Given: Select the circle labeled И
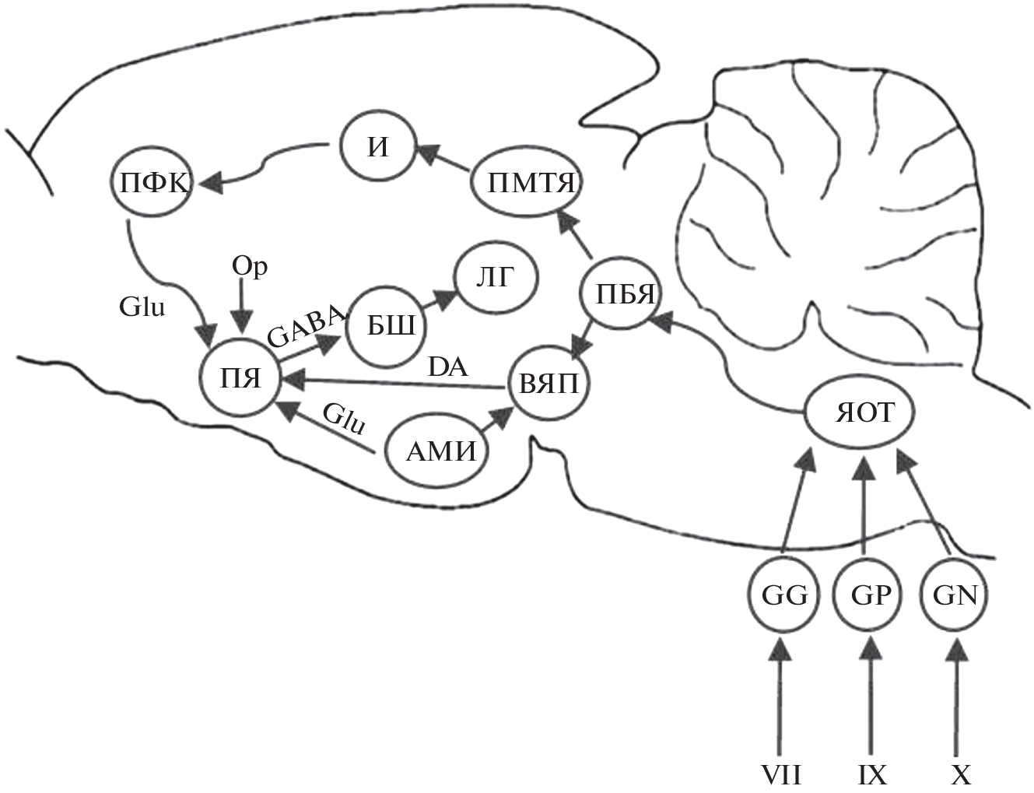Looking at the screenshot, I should [x=377, y=148].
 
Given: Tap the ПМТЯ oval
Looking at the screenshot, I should [x=528, y=184].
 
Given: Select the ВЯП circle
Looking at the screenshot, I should [x=548, y=384].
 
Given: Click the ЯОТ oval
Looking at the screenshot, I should [x=859, y=413].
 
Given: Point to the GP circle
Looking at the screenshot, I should [x=869, y=595].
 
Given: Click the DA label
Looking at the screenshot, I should [x=448, y=366].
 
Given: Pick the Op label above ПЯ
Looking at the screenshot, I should [x=249, y=267].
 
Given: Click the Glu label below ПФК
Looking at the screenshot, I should [x=142, y=307].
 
